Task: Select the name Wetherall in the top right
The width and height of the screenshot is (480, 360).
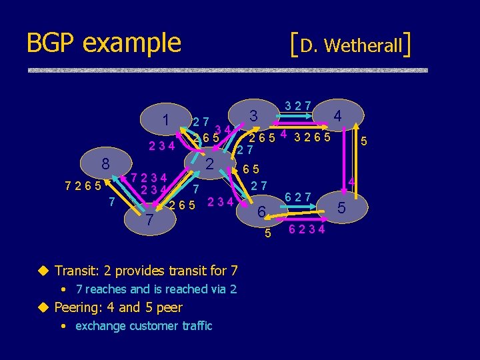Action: [x=363, y=45]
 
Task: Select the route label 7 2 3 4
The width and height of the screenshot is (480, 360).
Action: [x=149, y=179]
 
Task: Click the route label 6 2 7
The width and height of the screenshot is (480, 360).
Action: [x=299, y=197]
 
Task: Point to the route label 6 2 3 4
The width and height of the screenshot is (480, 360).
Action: [x=307, y=230]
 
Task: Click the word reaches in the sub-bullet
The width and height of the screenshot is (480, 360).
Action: [x=107, y=289]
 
